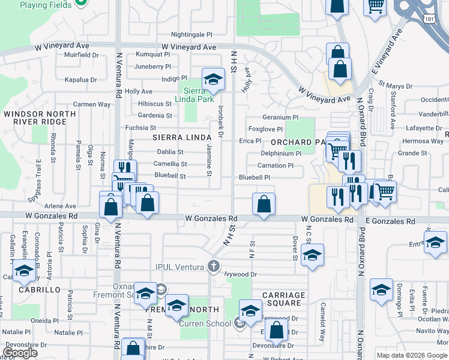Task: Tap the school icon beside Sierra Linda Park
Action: click(x=212, y=80)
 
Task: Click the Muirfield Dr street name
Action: click(x=81, y=55)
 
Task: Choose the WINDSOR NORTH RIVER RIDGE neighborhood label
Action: click(x=41, y=118)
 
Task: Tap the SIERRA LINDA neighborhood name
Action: click(x=178, y=137)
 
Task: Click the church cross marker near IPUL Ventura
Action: click(x=214, y=265)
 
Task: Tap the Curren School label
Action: click(x=205, y=324)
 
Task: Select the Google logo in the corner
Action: click(x=20, y=353)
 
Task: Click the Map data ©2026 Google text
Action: click(x=412, y=355)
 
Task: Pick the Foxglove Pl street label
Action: click(x=265, y=129)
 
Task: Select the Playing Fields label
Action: click(x=46, y=5)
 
